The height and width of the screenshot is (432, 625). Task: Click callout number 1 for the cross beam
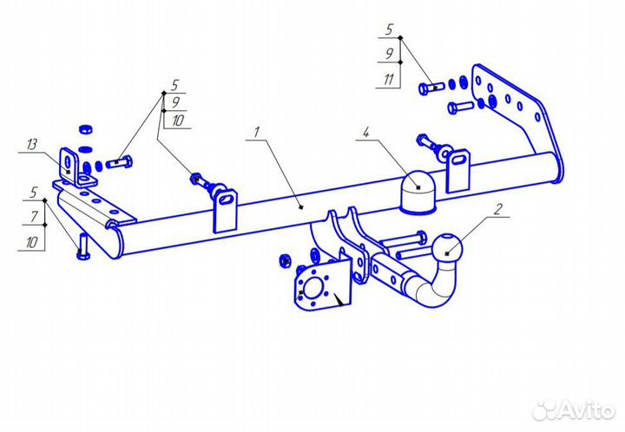(x=257, y=132)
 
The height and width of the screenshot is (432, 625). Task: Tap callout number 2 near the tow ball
(x=498, y=209)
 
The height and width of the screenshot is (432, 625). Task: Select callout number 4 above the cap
(x=366, y=132)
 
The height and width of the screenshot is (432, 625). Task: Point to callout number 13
(x=32, y=144)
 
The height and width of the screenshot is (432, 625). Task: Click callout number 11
(x=389, y=80)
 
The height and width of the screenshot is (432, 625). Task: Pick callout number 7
(x=34, y=217)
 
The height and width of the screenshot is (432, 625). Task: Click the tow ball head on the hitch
(x=449, y=248)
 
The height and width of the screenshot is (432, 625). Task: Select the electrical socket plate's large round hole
(x=312, y=287)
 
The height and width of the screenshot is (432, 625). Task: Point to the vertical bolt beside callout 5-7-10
(x=83, y=247)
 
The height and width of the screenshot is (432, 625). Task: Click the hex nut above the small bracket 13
(x=86, y=129)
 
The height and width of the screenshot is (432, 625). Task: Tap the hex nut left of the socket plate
(x=285, y=260)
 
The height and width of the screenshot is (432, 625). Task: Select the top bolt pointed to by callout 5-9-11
(x=431, y=88)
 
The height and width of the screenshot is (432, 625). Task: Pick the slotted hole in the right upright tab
(x=459, y=160)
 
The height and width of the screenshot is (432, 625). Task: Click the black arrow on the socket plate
(x=339, y=299)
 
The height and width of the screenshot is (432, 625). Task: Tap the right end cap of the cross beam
(x=557, y=167)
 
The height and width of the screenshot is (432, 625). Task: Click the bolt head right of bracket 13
(x=128, y=162)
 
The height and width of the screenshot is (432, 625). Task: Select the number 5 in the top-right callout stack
(x=389, y=29)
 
